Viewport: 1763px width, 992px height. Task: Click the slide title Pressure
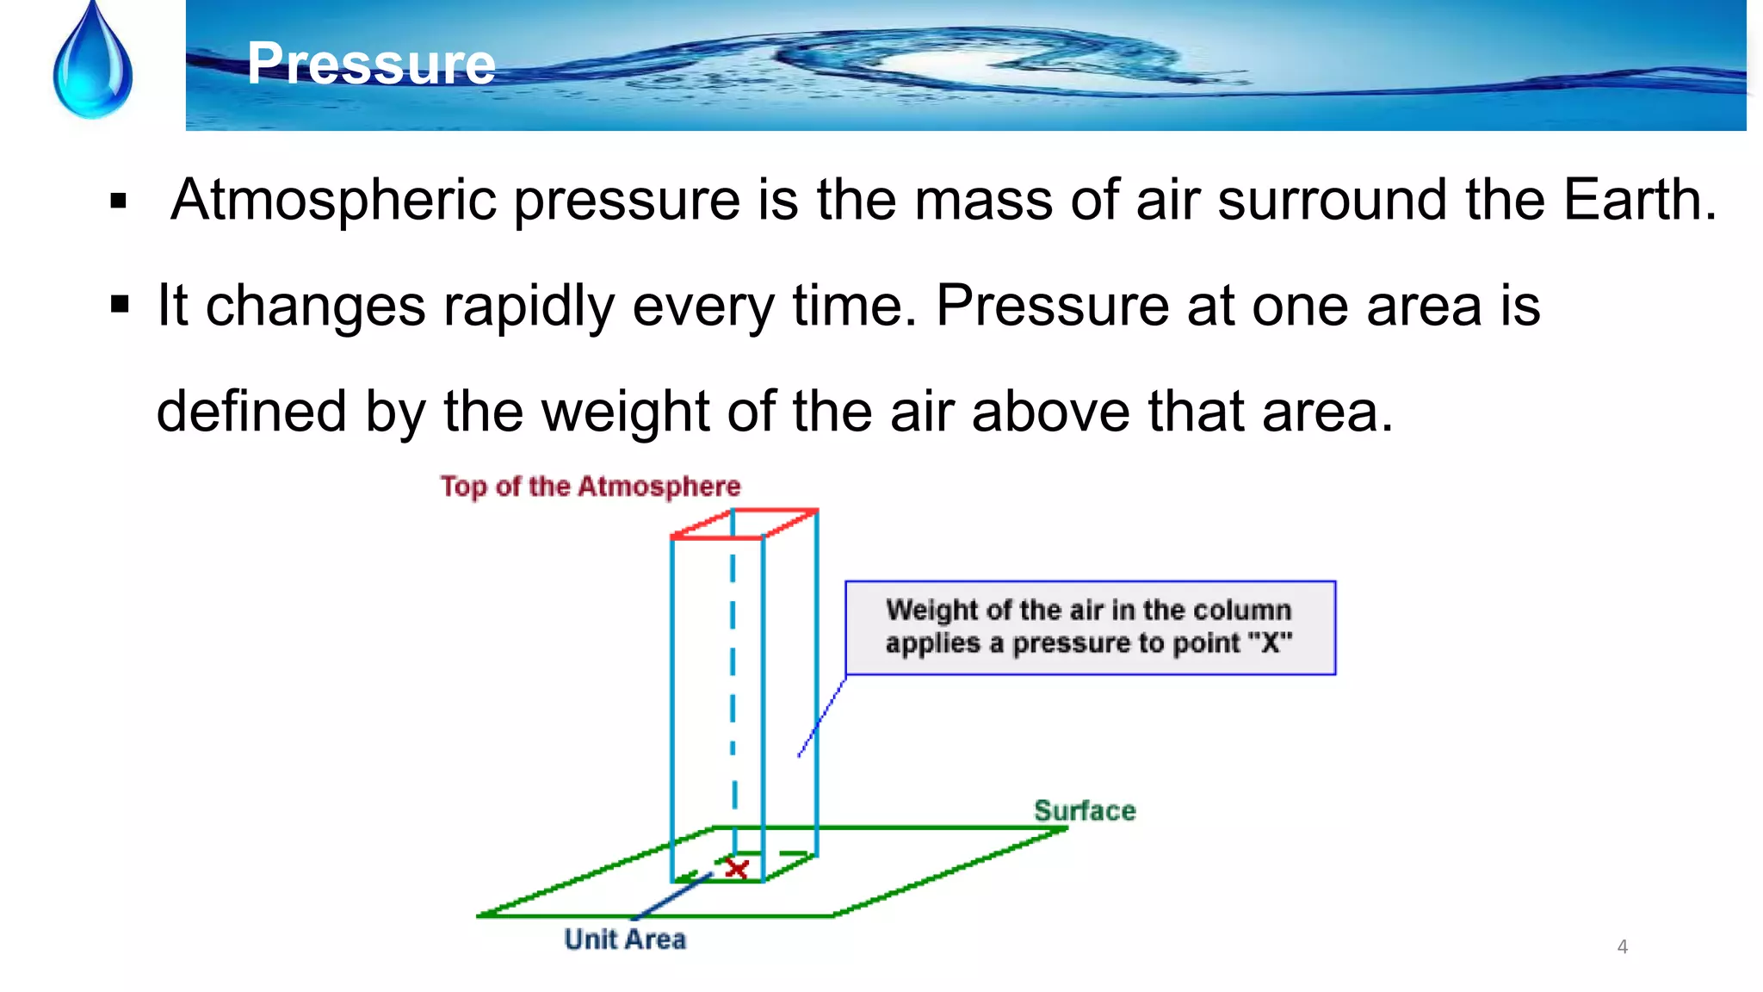point(371,64)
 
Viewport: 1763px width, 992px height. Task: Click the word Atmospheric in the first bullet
point(334,200)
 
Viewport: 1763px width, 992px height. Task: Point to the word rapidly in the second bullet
point(529,306)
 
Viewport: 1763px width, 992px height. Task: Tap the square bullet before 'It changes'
point(120,305)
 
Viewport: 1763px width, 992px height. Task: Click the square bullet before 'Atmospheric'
point(119,202)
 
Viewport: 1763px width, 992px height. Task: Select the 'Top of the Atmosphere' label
point(591,487)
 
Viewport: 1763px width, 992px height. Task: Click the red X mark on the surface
point(737,868)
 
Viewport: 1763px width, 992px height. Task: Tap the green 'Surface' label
point(1084,810)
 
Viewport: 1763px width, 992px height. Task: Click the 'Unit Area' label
point(625,939)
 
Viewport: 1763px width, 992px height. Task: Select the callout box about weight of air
point(1090,628)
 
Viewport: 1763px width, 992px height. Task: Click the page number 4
point(1622,946)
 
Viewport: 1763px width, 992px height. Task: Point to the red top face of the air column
point(745,524)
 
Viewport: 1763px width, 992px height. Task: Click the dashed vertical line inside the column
point(733,672)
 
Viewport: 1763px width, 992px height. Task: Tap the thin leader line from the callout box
point(822,717)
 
